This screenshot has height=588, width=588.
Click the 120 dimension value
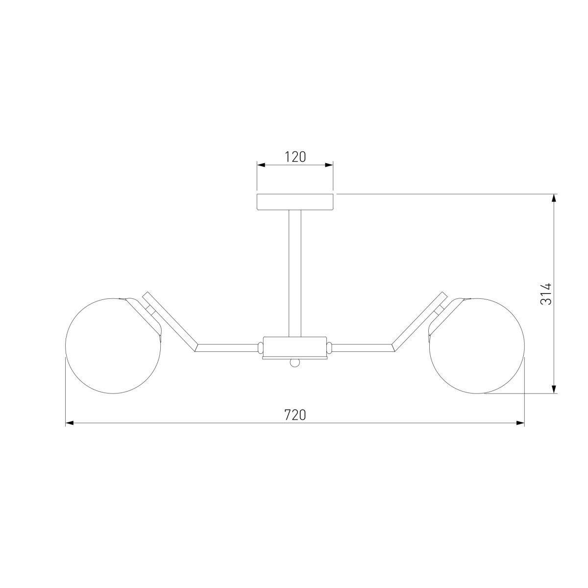pos(295,157)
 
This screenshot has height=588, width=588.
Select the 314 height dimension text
pos(546,294)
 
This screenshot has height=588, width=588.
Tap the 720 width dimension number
pos(295,415)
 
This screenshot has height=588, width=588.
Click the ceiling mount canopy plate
pos(295,202)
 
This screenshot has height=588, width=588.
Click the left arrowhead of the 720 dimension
pos(70,422)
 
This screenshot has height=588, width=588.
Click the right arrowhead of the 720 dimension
pos(520,422)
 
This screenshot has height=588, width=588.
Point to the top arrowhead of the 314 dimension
pos(554,198)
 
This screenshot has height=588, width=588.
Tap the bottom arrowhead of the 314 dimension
pos(554,390)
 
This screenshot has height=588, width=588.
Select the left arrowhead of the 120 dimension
pos(261,165)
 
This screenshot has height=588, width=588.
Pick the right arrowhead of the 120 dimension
pos(329,165)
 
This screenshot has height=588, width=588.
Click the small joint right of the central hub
pos(329,347)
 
